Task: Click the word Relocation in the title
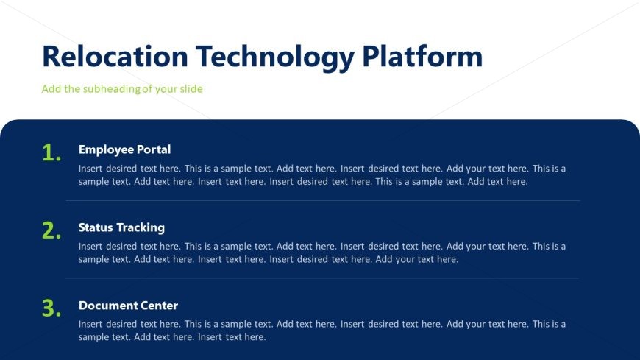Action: pyautogui.click(x=115, y=56)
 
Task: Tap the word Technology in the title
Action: pyautogui.click(x=275, y=58)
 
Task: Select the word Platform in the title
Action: pyautogui.click(x=422, y=56)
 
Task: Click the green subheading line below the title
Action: pyautogui.click(x=122, y=88)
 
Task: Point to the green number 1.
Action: pyautogui.click(x=51, y=153)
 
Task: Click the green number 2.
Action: pyautogui.click(x=51, y=230)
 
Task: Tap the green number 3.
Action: pyautogui.click(x=51, y=308)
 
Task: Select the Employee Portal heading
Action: pyautogui.click(x=124, y=150)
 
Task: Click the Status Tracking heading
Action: pyautogui.click(x=121, y=227)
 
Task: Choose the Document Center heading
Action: pyautogui.click(x=128, y=306)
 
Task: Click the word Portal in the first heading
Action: pyautogui.click(x=154, y=149)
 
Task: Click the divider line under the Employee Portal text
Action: pyautogui.click(x=323, y=201)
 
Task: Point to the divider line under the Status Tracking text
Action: pyautogui.click(x=321, y=278)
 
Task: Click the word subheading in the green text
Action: pyautogui.click(x=111, y=88)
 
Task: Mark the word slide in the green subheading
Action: pyautogui.click(x=191, y=88)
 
